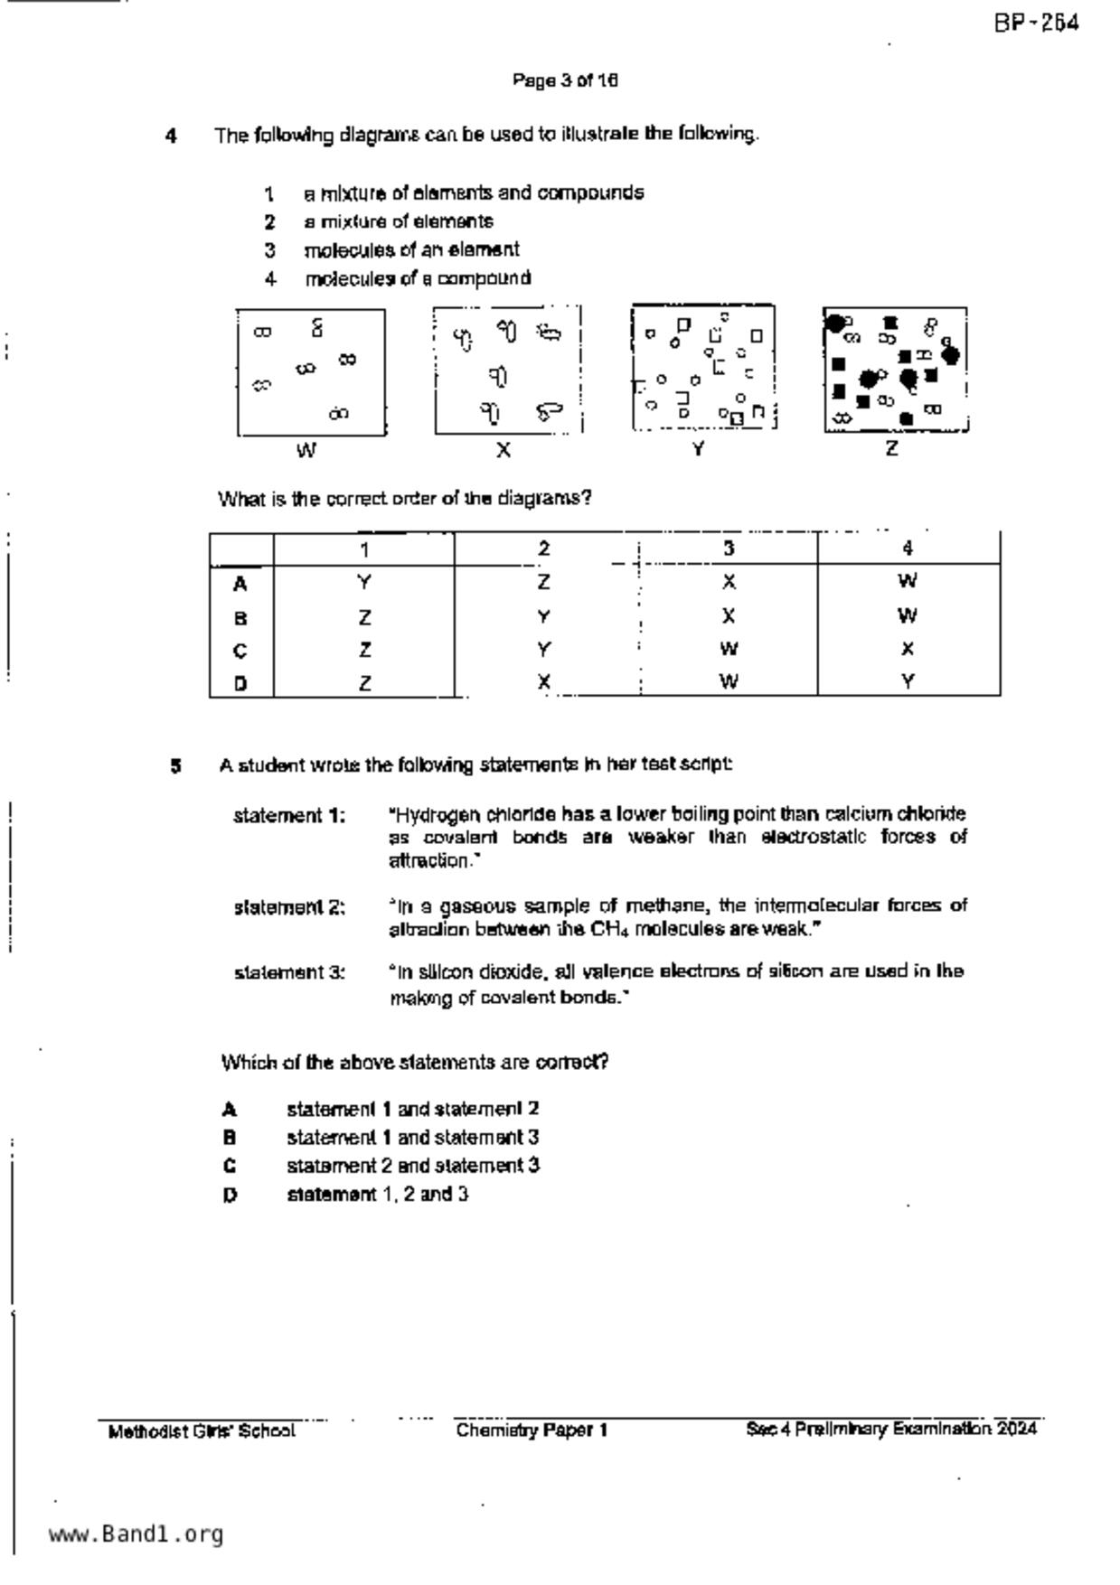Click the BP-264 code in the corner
point(1036,23)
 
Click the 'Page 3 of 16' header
point(565,80)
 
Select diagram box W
point(311,371)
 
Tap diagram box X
point(507,370)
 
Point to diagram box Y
point(703,367)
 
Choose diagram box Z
point(895,370)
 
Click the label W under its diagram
point(306,450)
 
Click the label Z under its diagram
point(891,448)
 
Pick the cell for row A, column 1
point(363,583)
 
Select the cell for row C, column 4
point(908,649)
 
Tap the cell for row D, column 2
point(543,682)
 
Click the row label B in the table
point(240,618)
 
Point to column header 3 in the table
point(728,549)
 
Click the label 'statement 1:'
point(289,816)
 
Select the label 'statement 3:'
point(289,973)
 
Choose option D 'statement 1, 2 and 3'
point(377,1195)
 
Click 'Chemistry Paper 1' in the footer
point(532,1430)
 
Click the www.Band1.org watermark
point(136,1533)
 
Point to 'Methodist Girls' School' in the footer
point(201,1431)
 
